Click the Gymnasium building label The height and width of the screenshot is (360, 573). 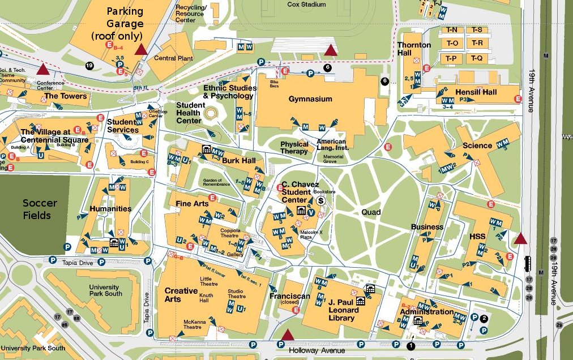point(310,99)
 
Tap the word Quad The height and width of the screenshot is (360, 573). point(371,212)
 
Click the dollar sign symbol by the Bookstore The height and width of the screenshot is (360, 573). point(320,200)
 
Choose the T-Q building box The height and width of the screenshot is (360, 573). point(477,58)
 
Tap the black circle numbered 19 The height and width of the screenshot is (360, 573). point(89,66)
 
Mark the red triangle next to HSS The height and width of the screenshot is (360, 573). point(520,238)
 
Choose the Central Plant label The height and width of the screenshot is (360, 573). point(173,58)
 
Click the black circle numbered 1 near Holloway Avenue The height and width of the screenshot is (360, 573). point(410,345)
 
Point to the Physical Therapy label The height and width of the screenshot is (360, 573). point(294,148)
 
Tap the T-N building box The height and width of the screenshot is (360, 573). point(454,29)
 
